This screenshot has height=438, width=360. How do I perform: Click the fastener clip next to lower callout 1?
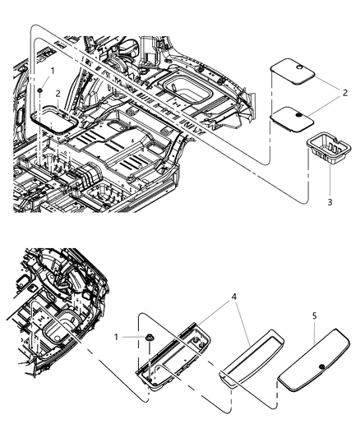click(150, 339)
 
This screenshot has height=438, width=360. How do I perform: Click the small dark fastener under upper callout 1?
click(39, 88)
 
